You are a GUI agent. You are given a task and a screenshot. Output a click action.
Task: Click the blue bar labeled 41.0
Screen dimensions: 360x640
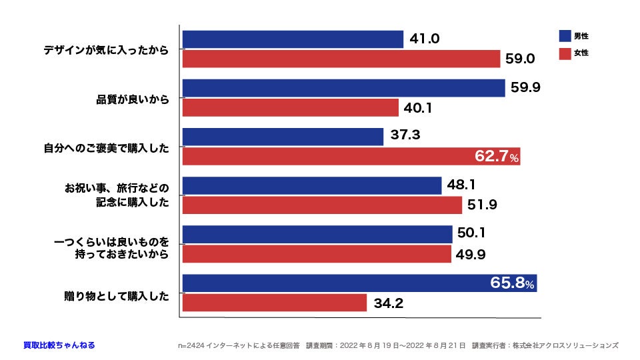[x=293, y=39]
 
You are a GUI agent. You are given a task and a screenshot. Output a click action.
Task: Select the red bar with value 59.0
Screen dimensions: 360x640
[x=341, y=59]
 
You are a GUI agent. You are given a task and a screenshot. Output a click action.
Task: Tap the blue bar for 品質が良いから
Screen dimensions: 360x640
[x=343, y=88]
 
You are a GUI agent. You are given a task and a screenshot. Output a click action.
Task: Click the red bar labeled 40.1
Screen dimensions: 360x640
[x=290, y=107]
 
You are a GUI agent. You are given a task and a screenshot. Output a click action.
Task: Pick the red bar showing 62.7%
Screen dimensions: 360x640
[x=351, y=157]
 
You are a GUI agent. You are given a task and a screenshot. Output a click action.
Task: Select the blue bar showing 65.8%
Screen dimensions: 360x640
[x=359, y=283]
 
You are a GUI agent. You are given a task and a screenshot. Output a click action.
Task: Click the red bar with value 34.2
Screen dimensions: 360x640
[x=274, y=303]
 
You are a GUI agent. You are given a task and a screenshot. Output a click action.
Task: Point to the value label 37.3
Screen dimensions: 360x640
[x=405, y=136]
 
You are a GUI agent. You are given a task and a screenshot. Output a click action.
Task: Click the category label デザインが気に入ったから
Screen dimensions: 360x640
[x=106, y=50]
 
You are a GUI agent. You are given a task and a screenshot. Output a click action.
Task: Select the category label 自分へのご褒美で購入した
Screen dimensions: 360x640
[x=106, y=147]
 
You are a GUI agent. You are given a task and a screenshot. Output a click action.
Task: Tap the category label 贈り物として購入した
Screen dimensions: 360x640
[x=113, y=294]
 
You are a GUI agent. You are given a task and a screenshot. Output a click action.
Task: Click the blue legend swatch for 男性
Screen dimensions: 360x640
[x=565, y=36]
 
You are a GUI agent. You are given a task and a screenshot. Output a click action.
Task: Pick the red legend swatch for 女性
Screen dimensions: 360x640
[x=565, y=53]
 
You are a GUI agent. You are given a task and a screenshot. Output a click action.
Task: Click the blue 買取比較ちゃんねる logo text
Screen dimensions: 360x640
[x=59, y=345]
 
